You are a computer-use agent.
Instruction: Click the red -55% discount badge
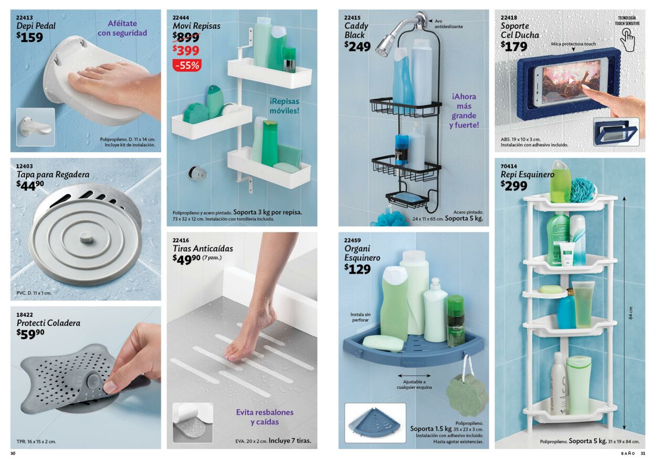(187, 66)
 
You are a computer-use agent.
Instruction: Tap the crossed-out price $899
(186, 37)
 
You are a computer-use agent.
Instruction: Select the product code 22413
(25, 17)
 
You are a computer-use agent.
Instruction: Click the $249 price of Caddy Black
(357, 46)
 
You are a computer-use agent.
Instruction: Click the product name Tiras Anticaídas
(203, 249)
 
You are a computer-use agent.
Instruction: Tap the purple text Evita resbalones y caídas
(264, 417)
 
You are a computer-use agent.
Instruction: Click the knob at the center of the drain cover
(83, 239)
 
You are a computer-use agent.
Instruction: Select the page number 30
(13, 454)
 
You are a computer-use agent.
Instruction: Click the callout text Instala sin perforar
(360, 317)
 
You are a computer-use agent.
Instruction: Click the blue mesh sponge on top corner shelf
(583, 189)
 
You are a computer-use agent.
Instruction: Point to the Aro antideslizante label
(448, 24)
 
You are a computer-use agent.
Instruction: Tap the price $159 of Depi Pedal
(29, 37)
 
